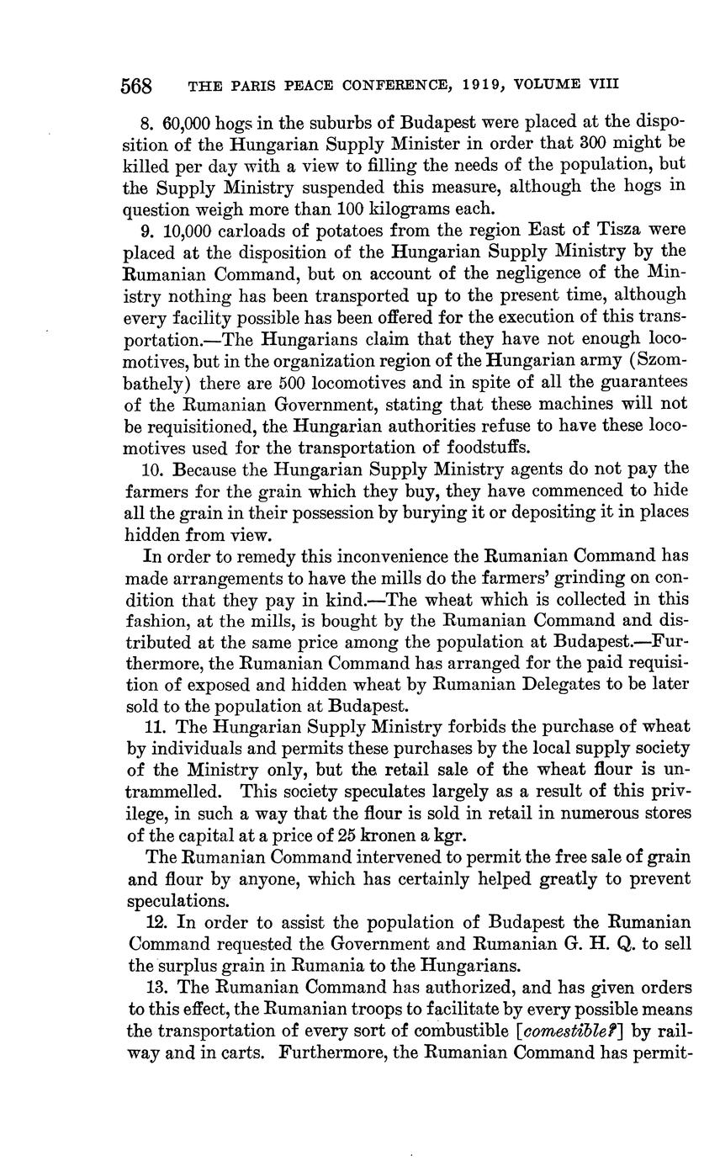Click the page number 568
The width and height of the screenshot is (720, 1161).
click(136, 85)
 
